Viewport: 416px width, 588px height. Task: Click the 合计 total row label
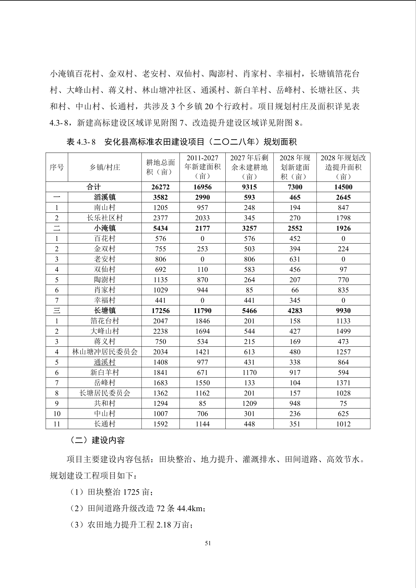point(94,187)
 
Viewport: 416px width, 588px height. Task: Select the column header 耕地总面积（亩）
point(160,167)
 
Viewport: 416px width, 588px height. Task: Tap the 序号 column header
point(57,167)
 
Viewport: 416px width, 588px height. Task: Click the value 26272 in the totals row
point(160,187)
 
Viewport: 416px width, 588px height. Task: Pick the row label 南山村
point(105,208)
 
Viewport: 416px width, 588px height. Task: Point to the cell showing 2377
point(160,218)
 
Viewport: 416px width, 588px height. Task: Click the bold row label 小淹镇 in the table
point(105,228)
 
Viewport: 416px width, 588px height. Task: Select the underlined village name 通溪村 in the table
point(105,362)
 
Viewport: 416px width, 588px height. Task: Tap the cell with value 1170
point(249,373)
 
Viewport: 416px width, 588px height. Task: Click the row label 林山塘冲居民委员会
point(105,352)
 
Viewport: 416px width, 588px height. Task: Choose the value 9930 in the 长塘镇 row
point(343,311)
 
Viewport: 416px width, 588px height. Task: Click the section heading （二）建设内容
point(97,440)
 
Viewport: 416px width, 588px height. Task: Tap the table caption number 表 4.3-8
point(81,142)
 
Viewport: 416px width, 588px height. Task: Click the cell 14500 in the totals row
point(343,187)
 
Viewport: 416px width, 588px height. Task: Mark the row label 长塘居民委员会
point(105,393)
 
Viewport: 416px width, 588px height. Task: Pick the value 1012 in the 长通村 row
point(343,424)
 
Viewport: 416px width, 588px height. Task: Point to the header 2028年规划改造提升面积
point(343,167)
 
